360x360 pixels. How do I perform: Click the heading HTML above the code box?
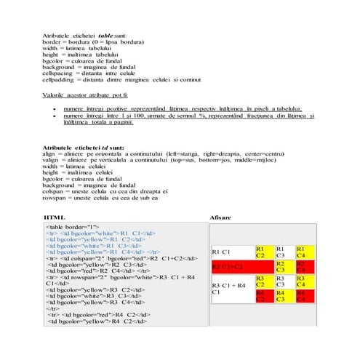55,217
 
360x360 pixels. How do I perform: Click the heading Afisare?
220,217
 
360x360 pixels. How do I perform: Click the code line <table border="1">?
73,228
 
